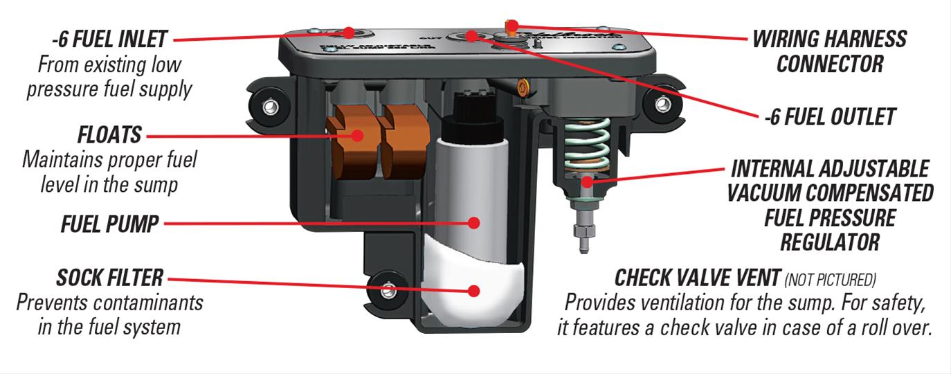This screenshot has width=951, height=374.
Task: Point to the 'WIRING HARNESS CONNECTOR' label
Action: click(x=829, y=51)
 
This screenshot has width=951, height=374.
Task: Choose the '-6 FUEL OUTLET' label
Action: click(x=830, y=116)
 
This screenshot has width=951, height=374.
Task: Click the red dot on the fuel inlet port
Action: click(x=349, y=33)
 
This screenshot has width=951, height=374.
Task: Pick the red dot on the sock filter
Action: click(x=474, y=290)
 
